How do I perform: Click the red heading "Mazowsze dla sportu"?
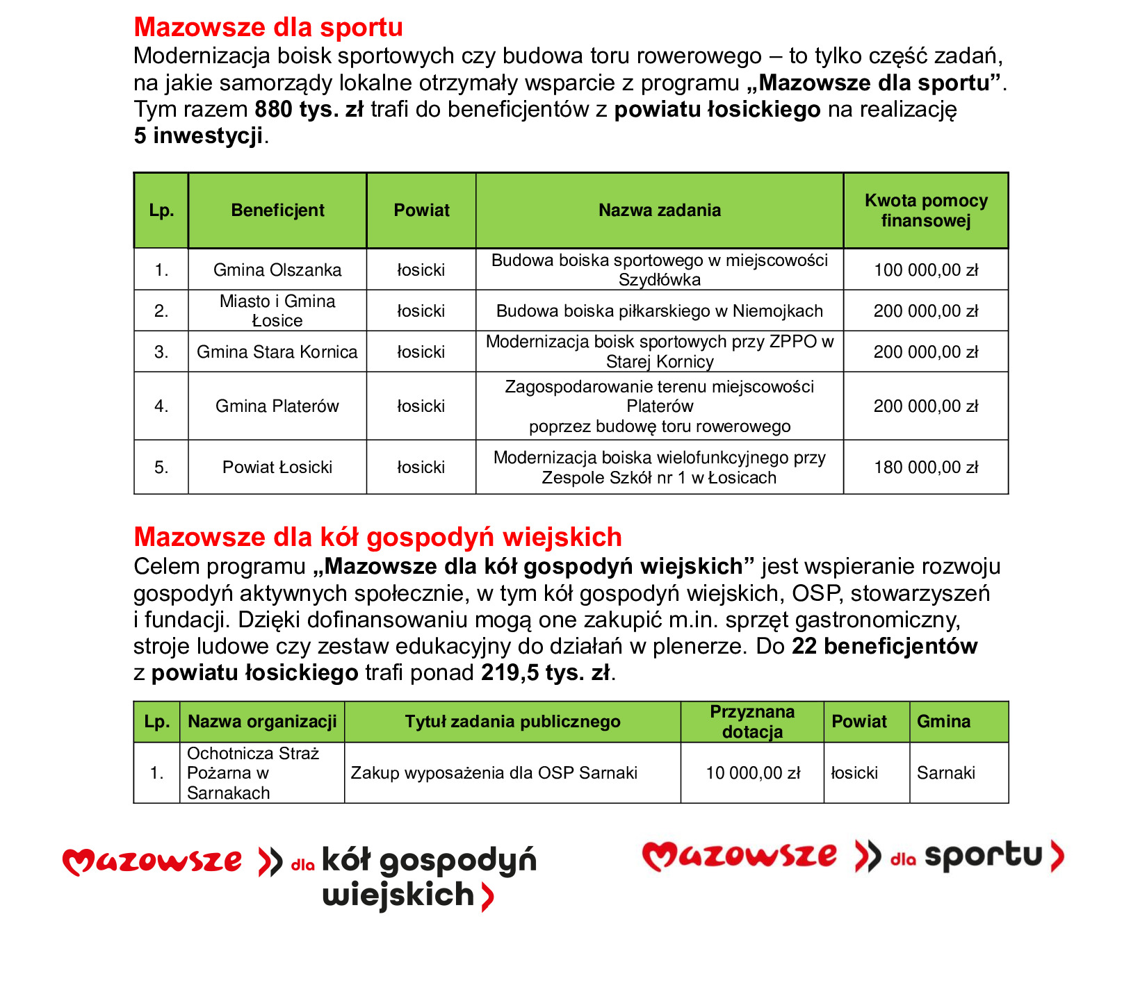(x=268, y=27)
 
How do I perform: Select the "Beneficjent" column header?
(x=277, y=210)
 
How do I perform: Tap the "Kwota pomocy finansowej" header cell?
(x=926, y=210)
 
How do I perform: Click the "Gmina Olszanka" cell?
(x=277, y=270)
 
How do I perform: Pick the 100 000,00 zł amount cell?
(x=926, y=270)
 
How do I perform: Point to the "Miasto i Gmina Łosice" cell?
(x=277, y=311)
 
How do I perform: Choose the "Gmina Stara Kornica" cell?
(x=277, y=351)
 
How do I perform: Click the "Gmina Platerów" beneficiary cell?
(x=277, y=406)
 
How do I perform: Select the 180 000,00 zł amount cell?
(x=926, y=467)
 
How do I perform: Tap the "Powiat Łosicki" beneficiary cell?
(x=277, y=467)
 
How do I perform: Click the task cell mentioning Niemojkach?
(x=659, y=311)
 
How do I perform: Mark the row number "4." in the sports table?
(x=161, y=406)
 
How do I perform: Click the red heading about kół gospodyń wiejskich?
(x=377, y=537)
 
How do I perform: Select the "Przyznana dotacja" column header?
(x=752, y=722)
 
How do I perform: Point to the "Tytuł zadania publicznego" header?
(x=512, y=722)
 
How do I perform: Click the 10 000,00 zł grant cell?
(x=753, y=772)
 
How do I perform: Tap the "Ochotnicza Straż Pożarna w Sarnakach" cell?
(x=253, y=772)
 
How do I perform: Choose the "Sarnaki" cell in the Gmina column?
(x=946, y=772)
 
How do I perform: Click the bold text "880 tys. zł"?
(x=309, y=109)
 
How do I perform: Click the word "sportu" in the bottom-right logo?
(x=983, y=856)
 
